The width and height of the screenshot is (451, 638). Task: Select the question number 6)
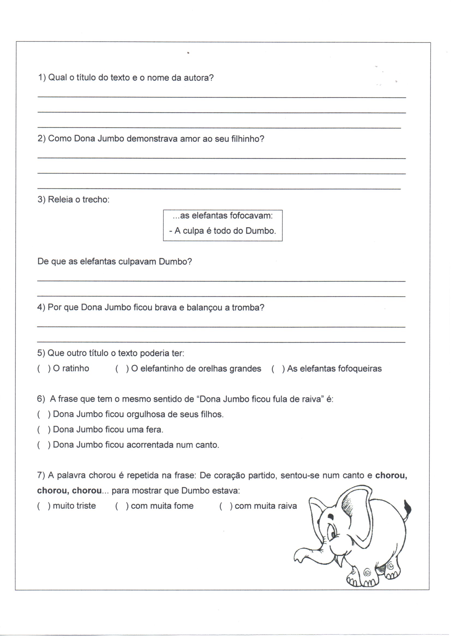click(x=41, y=399)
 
